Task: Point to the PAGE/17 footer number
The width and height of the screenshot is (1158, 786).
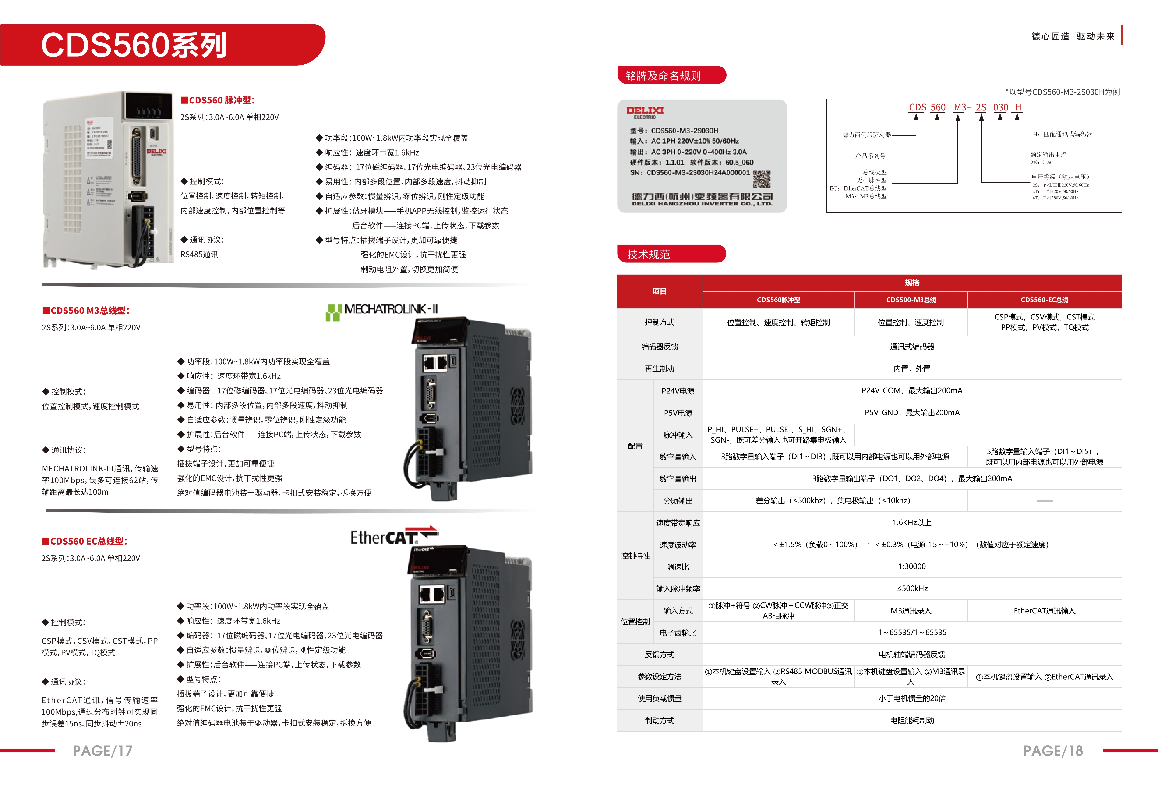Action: pos(103,751)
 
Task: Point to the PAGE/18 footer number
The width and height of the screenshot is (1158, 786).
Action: pos(1053,751)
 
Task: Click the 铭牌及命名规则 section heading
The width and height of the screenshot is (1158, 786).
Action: pos(663,76)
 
